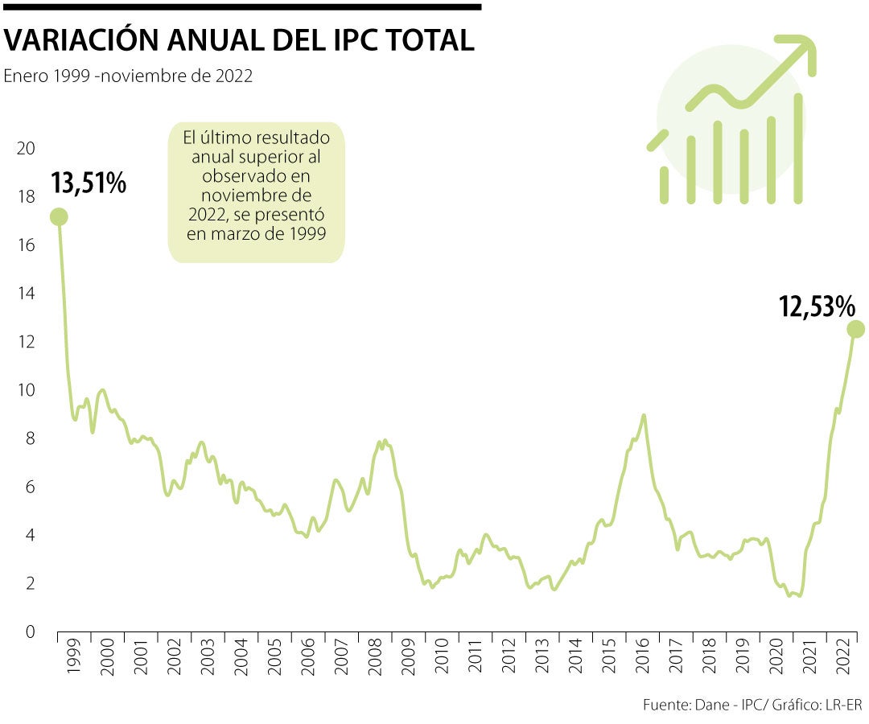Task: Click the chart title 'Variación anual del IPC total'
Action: [240, 40]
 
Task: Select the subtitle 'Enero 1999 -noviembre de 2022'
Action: [129, 76]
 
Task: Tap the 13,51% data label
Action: [89, 183]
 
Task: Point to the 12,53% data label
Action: [816, 306]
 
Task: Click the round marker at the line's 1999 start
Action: [59, 216]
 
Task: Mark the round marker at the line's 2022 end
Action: [855, 329]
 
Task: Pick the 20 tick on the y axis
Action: [27, 149]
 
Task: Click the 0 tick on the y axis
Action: [31, 631]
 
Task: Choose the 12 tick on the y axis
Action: [27, 342]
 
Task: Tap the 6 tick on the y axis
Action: [31, 487]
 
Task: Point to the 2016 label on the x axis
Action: [641, 659]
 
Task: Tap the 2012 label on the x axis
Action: [508, 659]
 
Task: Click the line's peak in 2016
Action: [644, 415]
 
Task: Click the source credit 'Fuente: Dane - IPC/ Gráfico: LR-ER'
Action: [752, 705]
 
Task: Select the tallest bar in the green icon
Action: [798, 148]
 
